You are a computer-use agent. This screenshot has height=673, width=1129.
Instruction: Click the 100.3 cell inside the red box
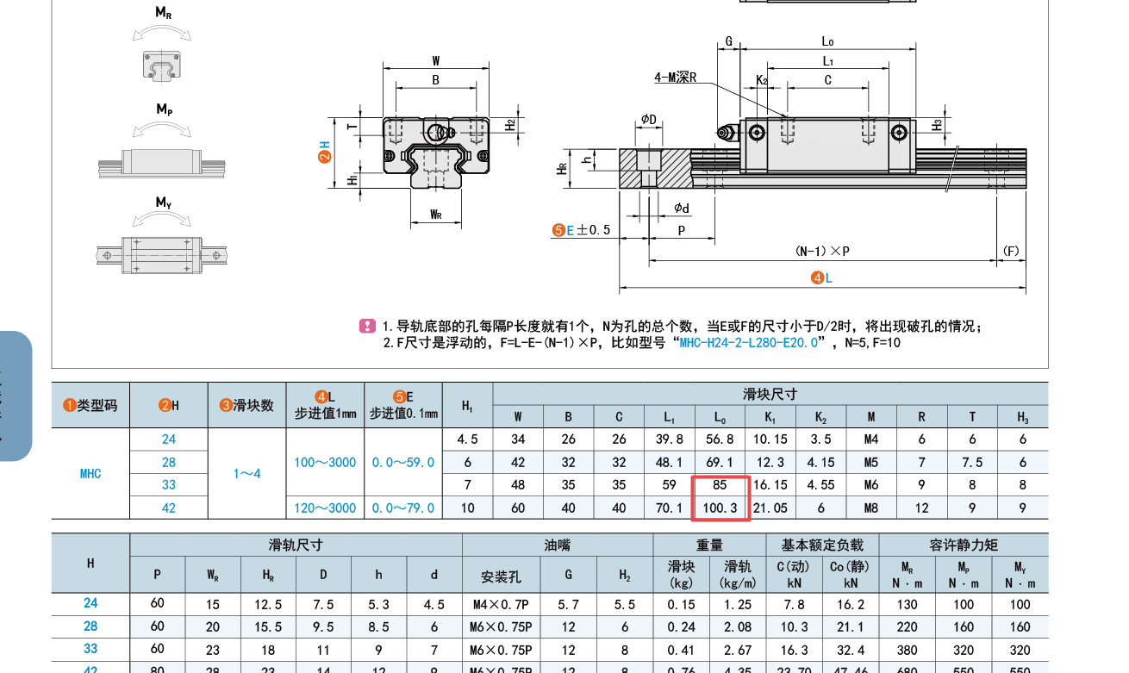(x=720, y=508)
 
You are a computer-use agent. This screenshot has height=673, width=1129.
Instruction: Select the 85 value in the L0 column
(x=720, y=485)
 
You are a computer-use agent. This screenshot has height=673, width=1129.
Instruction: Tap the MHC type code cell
(x=90, y=473)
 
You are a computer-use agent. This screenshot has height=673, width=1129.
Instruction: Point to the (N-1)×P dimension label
(x=822, y=251)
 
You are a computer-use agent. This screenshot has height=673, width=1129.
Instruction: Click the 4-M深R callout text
(x=675, y=78)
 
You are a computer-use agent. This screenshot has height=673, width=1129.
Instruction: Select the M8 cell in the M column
(x=871, y=508)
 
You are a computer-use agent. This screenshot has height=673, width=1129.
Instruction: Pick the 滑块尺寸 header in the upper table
(x=770, y=394)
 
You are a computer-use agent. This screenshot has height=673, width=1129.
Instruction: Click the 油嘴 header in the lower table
(x=557, y=545)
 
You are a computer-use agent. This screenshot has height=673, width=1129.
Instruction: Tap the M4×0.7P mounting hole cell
(x=501, y=604)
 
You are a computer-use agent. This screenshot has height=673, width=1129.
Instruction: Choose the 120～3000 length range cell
(x=324, y=508)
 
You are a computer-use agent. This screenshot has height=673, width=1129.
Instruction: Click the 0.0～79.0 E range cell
(x=403, y=508)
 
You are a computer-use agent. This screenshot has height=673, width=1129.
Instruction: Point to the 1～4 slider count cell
(x=246, y=473)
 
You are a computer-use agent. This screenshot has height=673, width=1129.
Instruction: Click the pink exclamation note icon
(x=367, y=327)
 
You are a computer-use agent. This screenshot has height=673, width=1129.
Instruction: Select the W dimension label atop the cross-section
(x=436, y=61)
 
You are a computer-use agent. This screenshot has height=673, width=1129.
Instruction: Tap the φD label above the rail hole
(x=648, y=119)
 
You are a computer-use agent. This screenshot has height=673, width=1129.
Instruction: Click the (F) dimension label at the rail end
(x=1012, y=251)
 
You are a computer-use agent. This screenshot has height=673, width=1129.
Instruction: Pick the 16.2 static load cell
(x=850, y=604)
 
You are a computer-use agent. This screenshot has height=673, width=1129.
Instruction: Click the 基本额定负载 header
(x=822, y=545)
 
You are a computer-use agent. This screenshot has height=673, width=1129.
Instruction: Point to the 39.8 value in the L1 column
(x=669, y=439)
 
